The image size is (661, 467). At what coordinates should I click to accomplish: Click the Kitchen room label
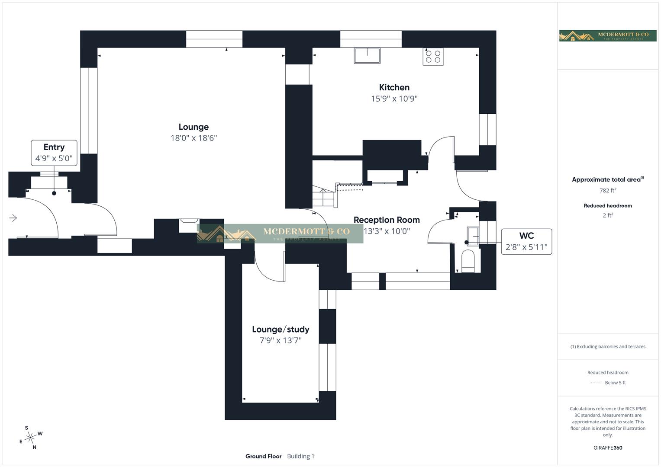(394, 87)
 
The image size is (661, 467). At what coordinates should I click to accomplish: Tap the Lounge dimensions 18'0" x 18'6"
(193, 138)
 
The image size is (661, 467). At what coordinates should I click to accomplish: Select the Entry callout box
(54, 153)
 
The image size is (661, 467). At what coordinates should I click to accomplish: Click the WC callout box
(526, 241)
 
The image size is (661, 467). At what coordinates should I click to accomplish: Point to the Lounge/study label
(281, 329)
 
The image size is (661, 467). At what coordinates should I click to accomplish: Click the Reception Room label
(387, 220)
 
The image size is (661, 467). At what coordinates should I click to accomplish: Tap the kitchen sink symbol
(367, 56)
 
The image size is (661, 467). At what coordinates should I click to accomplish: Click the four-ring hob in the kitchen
(433, 57)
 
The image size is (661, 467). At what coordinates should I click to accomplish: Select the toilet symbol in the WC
(468, 262)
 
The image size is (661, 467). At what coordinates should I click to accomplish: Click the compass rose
(30, 438)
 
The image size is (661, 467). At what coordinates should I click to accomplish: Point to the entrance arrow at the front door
(13, 218)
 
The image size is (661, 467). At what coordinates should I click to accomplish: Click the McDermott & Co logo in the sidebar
(607, 35)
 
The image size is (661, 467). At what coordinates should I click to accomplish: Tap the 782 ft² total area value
(608, 190)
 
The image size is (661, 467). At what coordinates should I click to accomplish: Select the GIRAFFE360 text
(608, 448)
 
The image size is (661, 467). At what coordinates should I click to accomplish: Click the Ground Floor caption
(263, 456)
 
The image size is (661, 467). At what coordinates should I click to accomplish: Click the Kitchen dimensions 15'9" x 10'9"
(394, 99)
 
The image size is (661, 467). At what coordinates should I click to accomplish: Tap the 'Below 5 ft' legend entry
(615, 383)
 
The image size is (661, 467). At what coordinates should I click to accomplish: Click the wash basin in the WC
(473, 236)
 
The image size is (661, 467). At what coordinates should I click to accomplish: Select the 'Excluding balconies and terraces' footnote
(608, 346)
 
